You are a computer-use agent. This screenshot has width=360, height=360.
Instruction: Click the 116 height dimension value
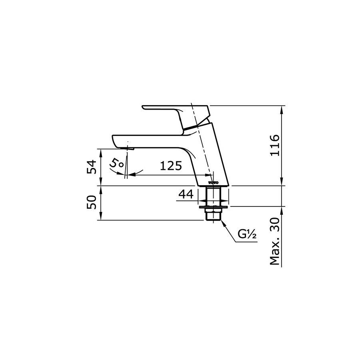point(274,146)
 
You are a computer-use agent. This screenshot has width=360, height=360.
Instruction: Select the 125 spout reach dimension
point(171,166)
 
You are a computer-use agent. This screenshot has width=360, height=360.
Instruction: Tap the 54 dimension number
point(92,166)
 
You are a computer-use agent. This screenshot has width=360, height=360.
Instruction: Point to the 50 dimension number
point(92,202)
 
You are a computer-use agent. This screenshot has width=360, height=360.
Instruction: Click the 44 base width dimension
point(186,195)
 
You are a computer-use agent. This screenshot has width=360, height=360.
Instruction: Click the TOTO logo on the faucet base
point(213,183)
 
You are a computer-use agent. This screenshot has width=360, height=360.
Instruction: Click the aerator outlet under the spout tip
point(129,149)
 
